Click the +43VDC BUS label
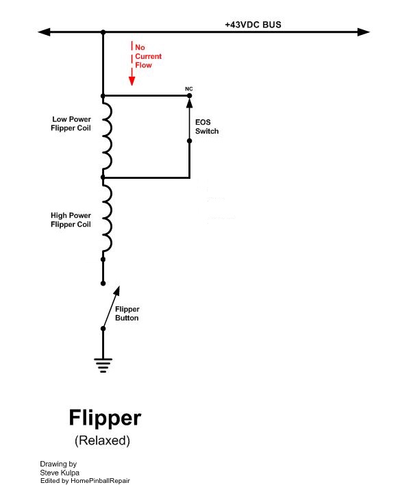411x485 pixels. coord(253,25)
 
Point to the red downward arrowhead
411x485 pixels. coord(132,80)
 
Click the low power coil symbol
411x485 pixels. coord(108,136)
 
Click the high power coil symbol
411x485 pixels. coord(108,218)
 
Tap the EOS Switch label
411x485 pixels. coord(207,127)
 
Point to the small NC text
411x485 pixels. coord(190,89)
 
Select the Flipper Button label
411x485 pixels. coord(127,314)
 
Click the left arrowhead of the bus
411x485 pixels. coord(44,32)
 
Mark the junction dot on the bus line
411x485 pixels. coord(103,32)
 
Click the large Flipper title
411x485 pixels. coord(105,417)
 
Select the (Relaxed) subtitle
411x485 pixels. coord(101,440)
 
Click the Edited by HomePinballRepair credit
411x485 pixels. coord(85,480)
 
